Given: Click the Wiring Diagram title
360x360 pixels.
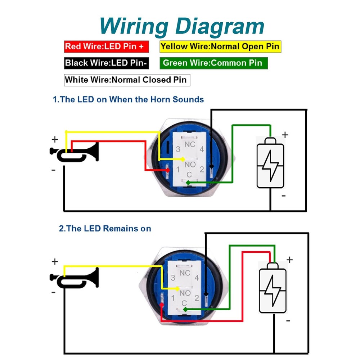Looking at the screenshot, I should pyautogui.click(x=182, y=26).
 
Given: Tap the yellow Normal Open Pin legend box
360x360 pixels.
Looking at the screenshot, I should pyautogui.click(x=220, y=46).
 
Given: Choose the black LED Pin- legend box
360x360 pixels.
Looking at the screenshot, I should pyautogui.click(x=106, y=63).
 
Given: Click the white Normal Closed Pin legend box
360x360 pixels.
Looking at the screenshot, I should pyautogui.click(x=127, y=80).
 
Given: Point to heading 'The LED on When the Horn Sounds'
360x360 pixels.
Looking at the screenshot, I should pyautogui.click(x=128, y=99).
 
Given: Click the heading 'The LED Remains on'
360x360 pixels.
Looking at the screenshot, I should pyautogui.click(x=105, y=228).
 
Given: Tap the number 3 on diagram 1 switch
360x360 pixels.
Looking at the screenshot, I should pyautogui.click(x=177, y=149).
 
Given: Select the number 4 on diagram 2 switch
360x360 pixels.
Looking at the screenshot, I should pyautogui.click(x=197, y=278).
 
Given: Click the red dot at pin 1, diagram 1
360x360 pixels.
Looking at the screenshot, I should pyautogui.click(x=168, y=170).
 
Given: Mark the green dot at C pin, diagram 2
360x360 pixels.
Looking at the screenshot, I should pyautogui.click(x=185, y=309).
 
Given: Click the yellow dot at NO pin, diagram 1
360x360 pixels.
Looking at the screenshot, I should pyautogui.click(x=183, y=159).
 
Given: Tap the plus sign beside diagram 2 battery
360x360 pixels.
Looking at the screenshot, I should pyautogui.click(x=289, y=260).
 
